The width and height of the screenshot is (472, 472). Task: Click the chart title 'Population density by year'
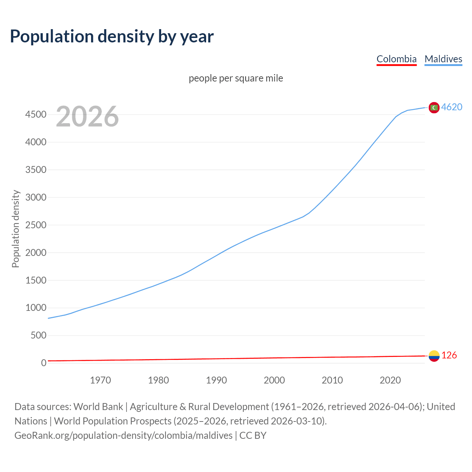click(112, 37)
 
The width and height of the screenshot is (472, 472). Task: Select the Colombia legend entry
click(396, 59)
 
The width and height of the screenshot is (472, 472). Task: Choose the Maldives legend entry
click(443, 59)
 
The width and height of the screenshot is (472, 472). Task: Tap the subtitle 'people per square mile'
click(236, 78)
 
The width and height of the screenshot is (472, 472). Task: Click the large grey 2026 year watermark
click(87, 116)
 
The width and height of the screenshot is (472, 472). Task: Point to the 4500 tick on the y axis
click(36, 115)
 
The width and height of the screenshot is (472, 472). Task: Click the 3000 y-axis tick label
click(36, 197)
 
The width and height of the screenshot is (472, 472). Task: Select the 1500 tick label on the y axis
click(36, 280)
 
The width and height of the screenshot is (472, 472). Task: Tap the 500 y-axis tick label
click(38, 335)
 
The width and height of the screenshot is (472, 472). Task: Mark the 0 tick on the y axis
click(44, 363)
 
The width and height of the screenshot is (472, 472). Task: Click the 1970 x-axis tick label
click(100, 380)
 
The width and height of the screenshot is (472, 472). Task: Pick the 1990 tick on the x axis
click(216, 380)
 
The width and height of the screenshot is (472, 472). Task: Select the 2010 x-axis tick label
click(332, 380)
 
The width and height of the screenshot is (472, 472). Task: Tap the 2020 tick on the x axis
click(390, 380)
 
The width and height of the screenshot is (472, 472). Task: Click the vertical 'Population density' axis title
click(15, 229)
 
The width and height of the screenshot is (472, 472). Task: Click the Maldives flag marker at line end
click(434, 107)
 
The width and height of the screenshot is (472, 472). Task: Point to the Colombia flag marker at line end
click(434, 356)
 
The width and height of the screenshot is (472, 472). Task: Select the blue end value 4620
click(452, 107)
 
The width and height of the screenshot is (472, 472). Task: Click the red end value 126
click(449, 355)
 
